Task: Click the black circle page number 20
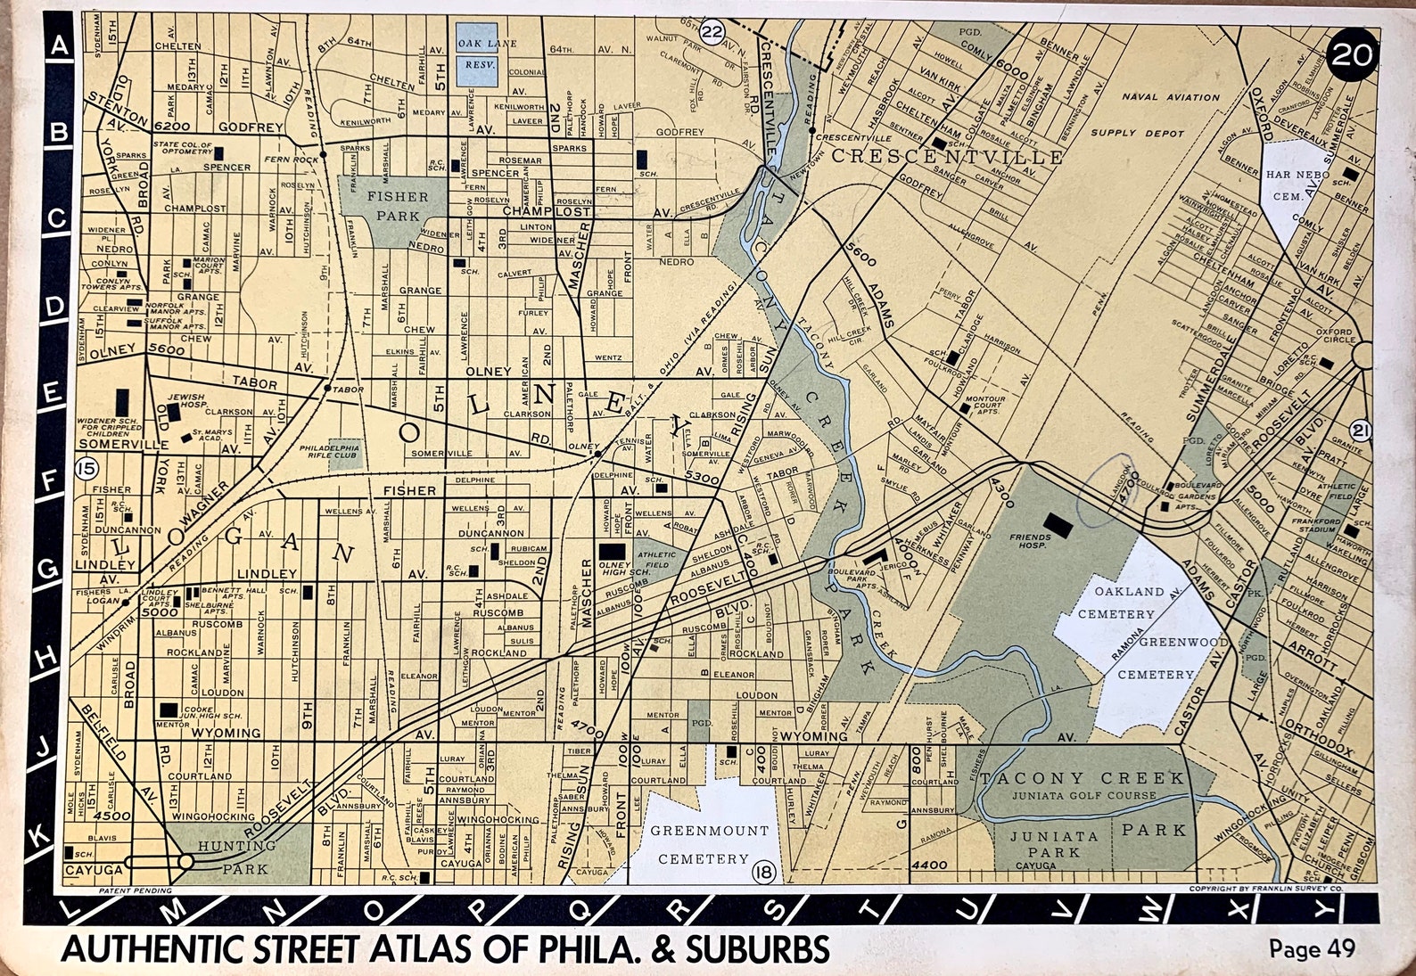pyautogui.click(x=1352, y=55)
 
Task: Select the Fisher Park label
pyautogui.click(x=398, y=206)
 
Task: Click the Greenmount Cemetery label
pyautogui.click(x=709, y=844)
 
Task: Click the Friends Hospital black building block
pyautogui.click(x=1059, y=524)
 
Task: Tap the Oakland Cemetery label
pyautogui.click(x=1116, y=603)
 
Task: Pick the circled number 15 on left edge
pyautogui.click(x=87, y=467)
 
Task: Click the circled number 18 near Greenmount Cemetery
pyautogui.click(x=763, y=871)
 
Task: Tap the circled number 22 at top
pyautogui.click(x=712, y=33)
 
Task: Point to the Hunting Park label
pyautogui.click(x=237, y=857)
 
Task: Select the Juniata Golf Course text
pyautogui.click(x=1083, y=795)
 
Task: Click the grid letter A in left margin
pyautogui.click(x=60, y=45)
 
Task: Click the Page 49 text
pyautogui.click(x=1312, y=948)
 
